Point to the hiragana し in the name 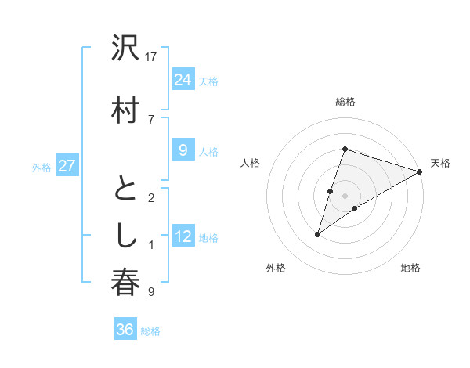click(x=125, y=235)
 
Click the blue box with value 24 click(x=183, y=79)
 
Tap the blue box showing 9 click(x=183, y=150)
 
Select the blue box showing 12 click(x=183, y=237)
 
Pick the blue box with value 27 click(x=67, y=166)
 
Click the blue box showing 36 click(x=125, y=330)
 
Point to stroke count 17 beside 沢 click(x=151, y=57)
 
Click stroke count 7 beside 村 click(x=151, y=119)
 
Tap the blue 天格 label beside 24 click(x=208, y=81)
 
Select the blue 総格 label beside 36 click(x=150, y=331)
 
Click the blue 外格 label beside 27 click(x=41, y=168)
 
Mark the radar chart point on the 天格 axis click(x=421, y=172)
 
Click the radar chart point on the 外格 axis click(x=317, y=234)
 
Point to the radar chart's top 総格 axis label click(x=345, y=102)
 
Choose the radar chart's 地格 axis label click(x=410, y=268)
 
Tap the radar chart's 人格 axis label click(x=251, y=163)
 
